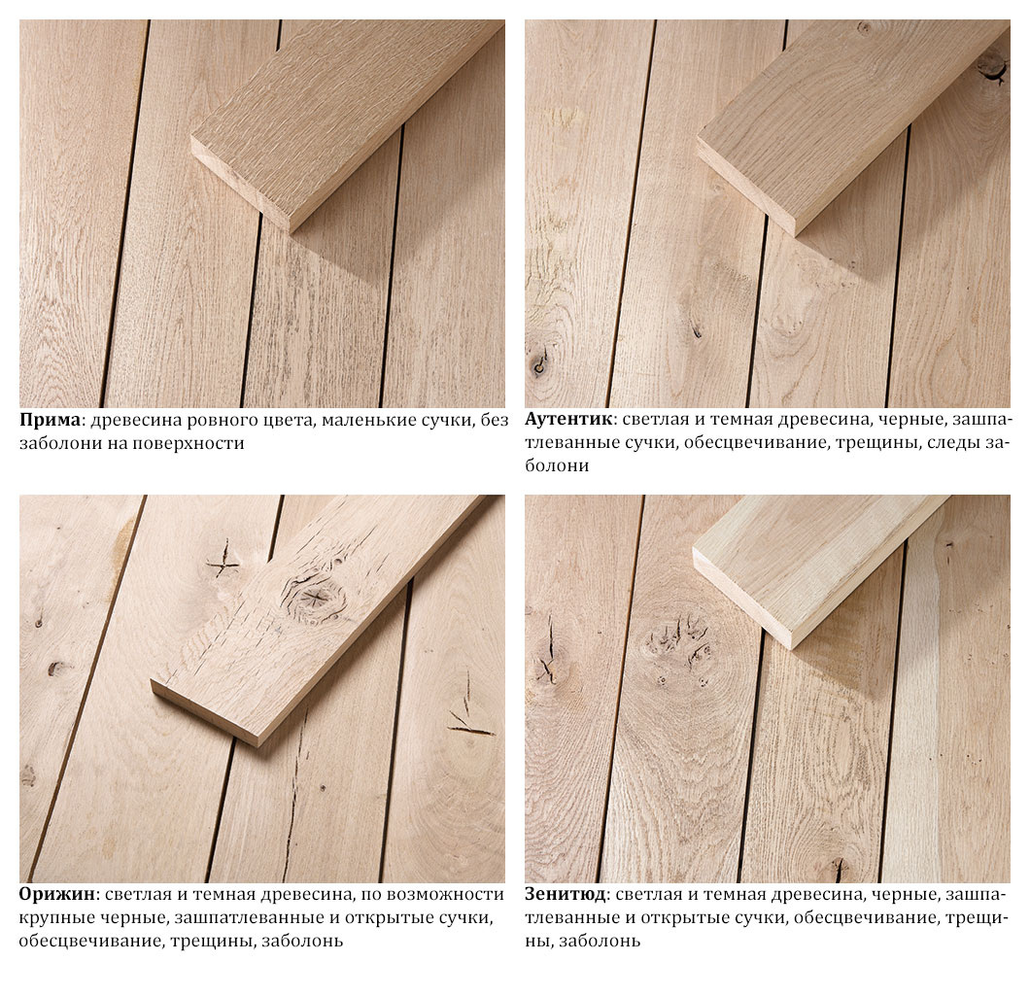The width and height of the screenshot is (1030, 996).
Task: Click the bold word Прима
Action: pos(50,420)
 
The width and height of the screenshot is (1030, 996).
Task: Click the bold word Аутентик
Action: pos(568,420)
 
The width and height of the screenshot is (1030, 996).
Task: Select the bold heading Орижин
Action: pos(57,895)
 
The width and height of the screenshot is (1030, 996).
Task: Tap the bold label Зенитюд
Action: pos(565,895)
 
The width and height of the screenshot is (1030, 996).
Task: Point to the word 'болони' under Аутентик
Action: pos(557,465)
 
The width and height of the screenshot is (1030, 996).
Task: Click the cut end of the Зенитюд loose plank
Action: pos(742,598)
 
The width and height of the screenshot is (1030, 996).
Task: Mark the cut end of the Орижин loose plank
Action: pos(204,713)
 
